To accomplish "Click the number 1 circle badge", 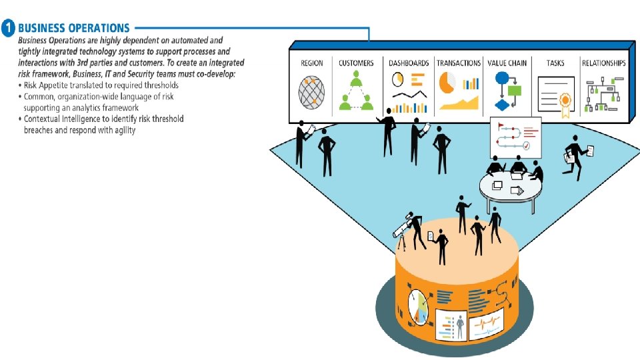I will pos(8,29).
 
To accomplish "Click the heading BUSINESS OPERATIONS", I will pos(74,29).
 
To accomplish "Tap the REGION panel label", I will pos(311,63).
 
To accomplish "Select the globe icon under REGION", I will pos(311,91).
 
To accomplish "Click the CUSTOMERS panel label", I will pos(356,63).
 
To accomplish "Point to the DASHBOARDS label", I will pos(409,63).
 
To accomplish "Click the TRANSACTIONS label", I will pos(459,63).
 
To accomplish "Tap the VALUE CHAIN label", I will pos(507,63).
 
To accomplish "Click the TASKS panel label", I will pos(555,63).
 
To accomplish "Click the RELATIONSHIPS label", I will pos(603,63).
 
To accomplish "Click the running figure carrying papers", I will pos(574,153).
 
